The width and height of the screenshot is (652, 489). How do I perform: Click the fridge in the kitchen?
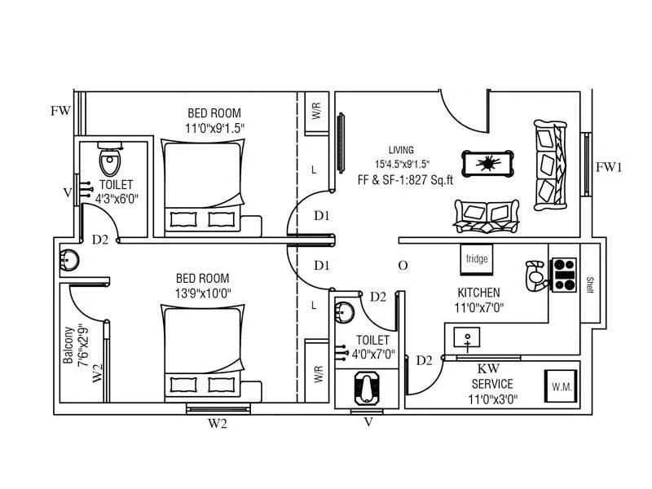[x=476, y=259]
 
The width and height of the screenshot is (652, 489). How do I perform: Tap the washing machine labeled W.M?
[x=560, y=385]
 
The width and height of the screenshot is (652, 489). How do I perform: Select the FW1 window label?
[x=609, y=167]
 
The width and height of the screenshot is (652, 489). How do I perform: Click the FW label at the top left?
[x=60, y=111]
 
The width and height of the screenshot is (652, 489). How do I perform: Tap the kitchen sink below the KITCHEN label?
[x=469, y=337]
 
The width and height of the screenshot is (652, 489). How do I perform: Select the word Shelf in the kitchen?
[x=589, y=284]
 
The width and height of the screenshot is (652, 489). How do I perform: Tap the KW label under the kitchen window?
[x=487, y=369]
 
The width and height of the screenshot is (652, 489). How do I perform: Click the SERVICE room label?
[x=491, y=384]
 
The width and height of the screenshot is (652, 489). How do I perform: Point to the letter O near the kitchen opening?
[x=403, y=266]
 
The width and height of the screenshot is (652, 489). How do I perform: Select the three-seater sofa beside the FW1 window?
[x=549, y=165]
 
